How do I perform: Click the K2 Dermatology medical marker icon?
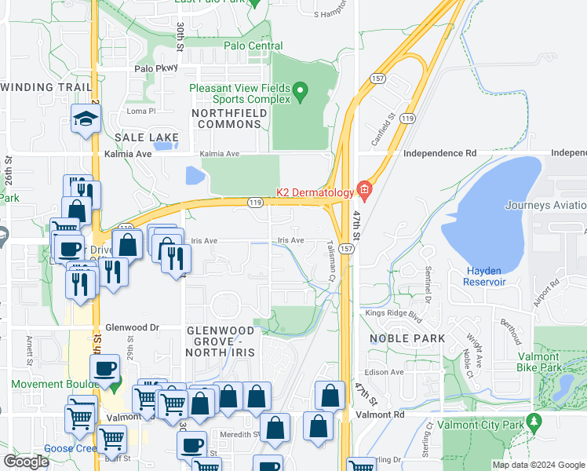pyautogui.click(x=363, y=189)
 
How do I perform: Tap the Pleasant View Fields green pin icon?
pyautogui.click(x=299, y=95)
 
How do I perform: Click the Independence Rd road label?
pyautogui.click(x=439, y=153)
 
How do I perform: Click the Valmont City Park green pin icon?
pyautogui.click(x=534, y=422)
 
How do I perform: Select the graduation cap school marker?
pyautogui.click(x=84, y=119)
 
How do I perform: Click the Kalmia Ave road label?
pyautogui.click(x=128, y=155)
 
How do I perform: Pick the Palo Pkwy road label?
pyautogui.click(x=155, y=68)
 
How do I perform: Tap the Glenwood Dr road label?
pyautogui.click(x=132, y=327)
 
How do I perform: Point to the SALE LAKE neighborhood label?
pyautogui.click(x=142, y=137)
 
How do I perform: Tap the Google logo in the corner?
pyautogui.click(x=26, y=462)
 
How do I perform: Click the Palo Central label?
pyautogui.click(x=253, y=46)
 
